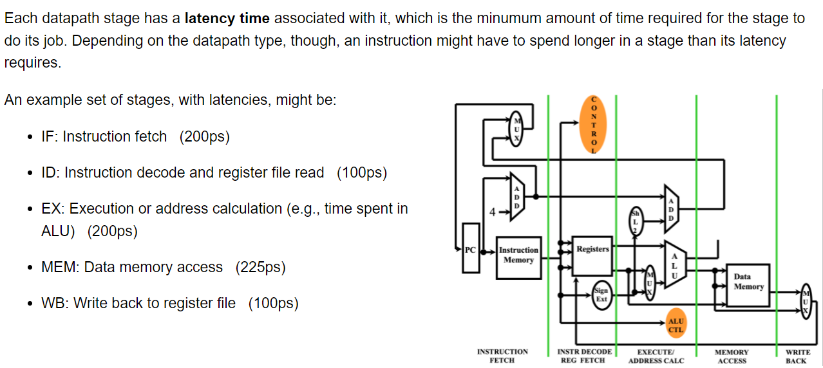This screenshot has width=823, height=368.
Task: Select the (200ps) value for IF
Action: pos(204,136)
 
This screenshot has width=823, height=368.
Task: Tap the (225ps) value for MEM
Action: pos(260,267)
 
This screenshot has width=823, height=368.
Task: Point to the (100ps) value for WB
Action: pos(273,303)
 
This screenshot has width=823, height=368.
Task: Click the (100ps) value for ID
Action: pos(361,172)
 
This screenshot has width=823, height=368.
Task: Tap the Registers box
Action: pos(592,249)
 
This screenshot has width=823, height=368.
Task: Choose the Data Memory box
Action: pos(748,282)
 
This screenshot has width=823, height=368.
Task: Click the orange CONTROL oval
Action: pos(594,125)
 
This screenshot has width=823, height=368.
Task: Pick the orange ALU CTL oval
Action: pos(676,325)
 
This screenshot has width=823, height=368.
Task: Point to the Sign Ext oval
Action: pos(601,295)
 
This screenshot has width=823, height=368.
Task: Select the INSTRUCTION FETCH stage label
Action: pos(502,356)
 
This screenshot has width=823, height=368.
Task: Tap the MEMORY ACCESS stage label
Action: pos(732,356)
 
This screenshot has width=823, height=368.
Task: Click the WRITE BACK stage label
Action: pos(797,356)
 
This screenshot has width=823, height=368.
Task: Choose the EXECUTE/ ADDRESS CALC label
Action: pos(656,356)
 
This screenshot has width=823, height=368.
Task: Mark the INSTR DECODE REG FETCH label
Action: pos(583,356)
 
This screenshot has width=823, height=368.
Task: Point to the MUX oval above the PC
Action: pos(516,127)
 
